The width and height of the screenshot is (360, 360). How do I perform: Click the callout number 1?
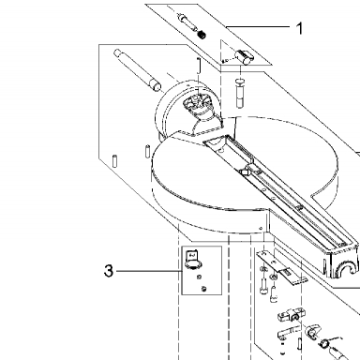[x=299, y=28]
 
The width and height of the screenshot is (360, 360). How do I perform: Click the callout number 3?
[x=108, y=271]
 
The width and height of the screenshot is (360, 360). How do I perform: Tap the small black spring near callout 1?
[x=202, y=34]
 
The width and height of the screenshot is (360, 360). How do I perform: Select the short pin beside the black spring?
[x=186, y=22]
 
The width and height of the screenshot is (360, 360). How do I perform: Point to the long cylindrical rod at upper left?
[x=137, y=69]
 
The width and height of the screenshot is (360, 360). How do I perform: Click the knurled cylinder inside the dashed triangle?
[x=244, y=56]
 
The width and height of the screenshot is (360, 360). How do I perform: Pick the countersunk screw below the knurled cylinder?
[x=239, y=94]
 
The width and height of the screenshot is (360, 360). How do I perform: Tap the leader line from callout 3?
[x=148, y=271]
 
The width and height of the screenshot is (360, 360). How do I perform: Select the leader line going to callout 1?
[x=258, y=27]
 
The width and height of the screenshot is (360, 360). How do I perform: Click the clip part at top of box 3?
[x=192, y=260]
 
